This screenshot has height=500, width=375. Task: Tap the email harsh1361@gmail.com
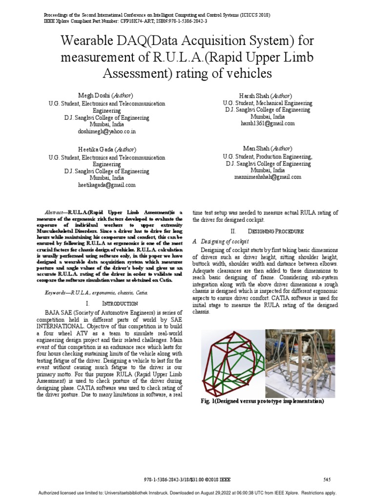click(x=268, y=124)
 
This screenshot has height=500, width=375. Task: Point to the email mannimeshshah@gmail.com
click(x=268, y=177)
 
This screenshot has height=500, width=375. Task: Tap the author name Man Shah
click(x=256, y=148)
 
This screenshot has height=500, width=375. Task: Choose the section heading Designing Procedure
click(x=275, y=230)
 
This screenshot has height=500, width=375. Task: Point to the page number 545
click(x=327, y=479)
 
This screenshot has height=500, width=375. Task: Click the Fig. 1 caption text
click(x=262, y=401)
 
